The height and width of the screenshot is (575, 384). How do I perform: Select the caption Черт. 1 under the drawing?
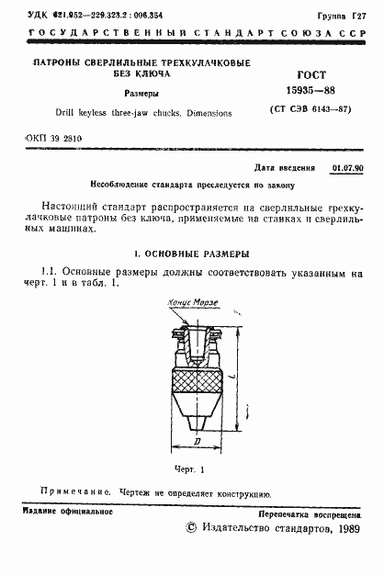click(x=192, y=468)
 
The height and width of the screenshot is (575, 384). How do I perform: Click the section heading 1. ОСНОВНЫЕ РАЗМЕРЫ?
click(x=192, y=253)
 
